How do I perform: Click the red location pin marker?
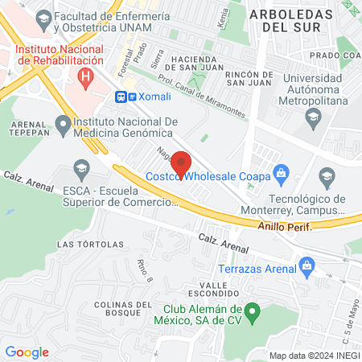click(181, 162)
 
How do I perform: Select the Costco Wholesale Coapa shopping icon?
click(281, 171)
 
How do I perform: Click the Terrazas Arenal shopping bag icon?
click(306, 265)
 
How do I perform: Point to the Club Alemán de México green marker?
click(252, 310)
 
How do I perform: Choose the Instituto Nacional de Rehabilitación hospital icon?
click(84, 76)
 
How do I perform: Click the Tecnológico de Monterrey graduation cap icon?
click(327, 176)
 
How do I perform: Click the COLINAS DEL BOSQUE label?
click(122, 310)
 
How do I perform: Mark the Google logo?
click(27, 352)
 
